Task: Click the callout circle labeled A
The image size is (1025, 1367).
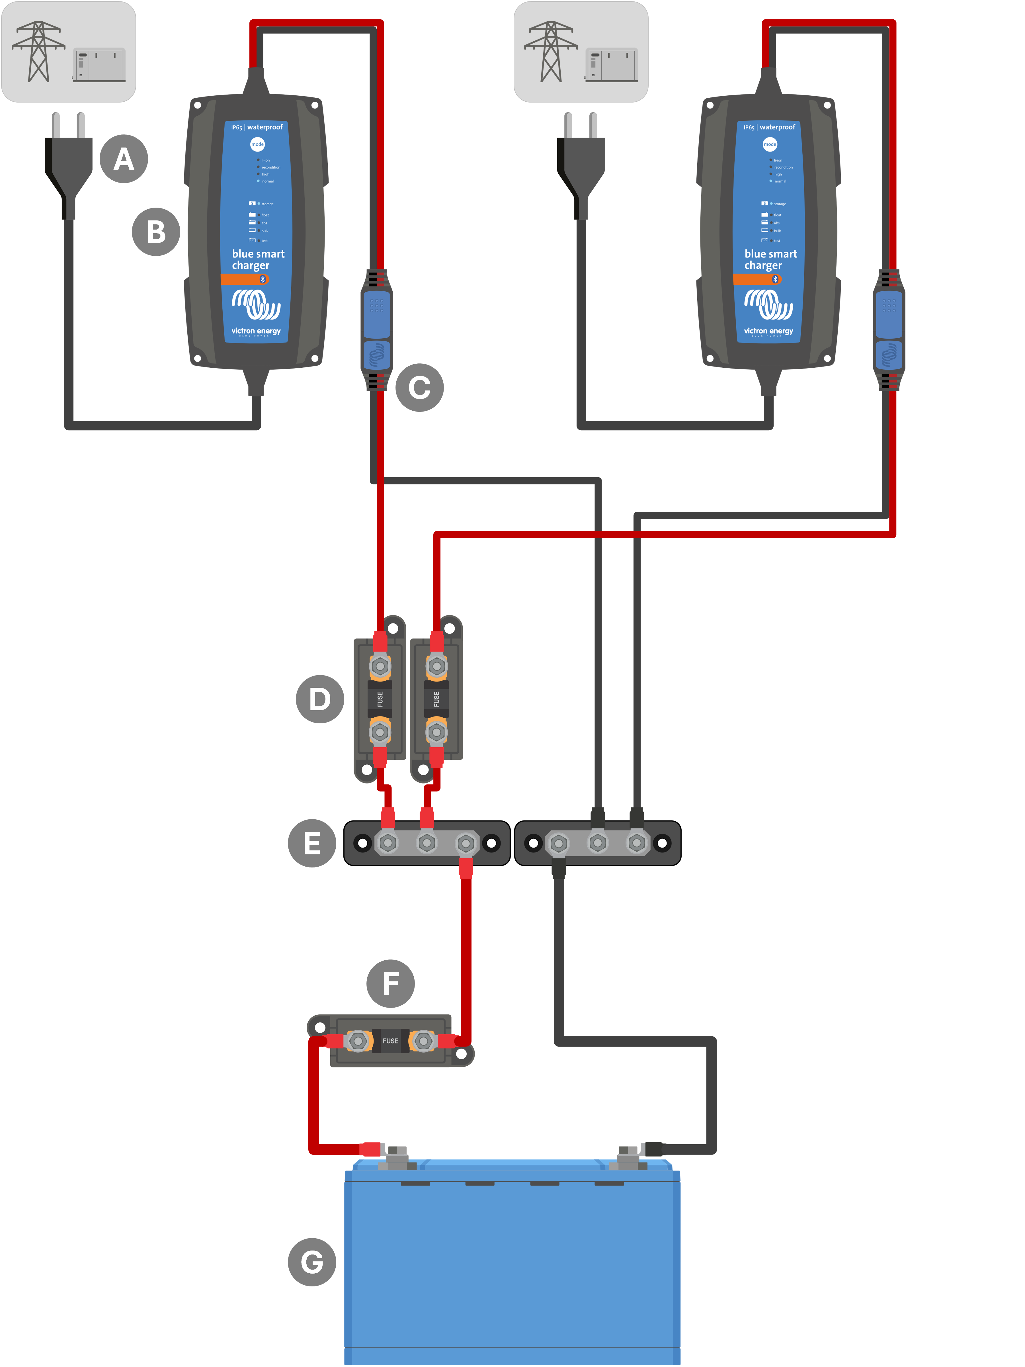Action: click(124, 159)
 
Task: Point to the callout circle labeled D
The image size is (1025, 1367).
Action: click(319, 699)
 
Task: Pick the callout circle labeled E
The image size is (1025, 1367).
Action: click(312, 843)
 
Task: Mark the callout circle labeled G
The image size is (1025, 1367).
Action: click(312, 1262)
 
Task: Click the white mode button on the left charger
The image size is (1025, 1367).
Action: click(257, 144)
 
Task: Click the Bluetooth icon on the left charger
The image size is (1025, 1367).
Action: click(262, 279)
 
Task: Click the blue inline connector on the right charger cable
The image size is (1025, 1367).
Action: click(888, 331)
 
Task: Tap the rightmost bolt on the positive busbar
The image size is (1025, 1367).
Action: click(466, 843)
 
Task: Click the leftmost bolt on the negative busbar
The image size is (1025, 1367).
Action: click(559, 843)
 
